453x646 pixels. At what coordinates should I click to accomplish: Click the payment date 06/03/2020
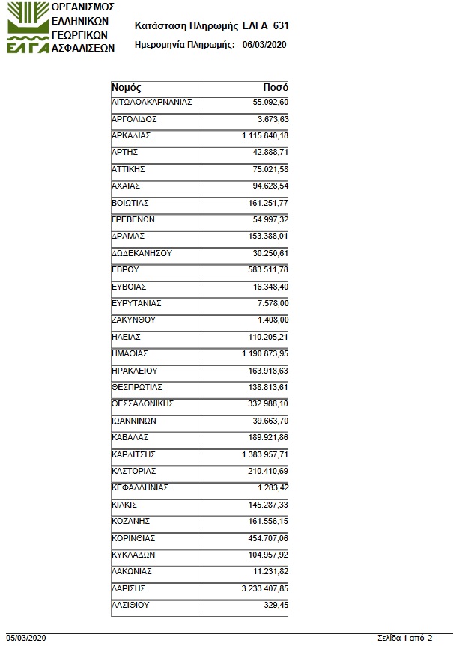click(x=264, y=45)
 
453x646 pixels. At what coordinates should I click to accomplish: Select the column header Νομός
click(x=127, y=87)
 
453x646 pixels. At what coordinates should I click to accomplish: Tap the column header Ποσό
click(x=276, y=87)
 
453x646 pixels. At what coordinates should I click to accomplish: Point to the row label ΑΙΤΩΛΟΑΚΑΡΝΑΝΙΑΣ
click(x=152, y=103)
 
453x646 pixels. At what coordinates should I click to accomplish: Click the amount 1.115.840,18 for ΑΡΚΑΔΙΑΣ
click(x=265, y=135)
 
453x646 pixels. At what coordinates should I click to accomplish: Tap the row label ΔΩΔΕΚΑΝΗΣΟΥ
click(x=142, y=253)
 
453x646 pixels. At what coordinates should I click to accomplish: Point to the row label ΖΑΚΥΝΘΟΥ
click(x=133, y=320)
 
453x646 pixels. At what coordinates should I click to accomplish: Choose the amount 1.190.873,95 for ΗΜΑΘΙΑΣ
click(x=265, y=353)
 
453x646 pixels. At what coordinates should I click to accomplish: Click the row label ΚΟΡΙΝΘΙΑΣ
click(x=135, y=538)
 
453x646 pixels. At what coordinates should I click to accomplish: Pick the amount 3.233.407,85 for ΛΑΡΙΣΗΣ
click(x=265, y=588)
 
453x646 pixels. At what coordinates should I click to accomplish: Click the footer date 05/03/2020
click(x=26, y=638)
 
